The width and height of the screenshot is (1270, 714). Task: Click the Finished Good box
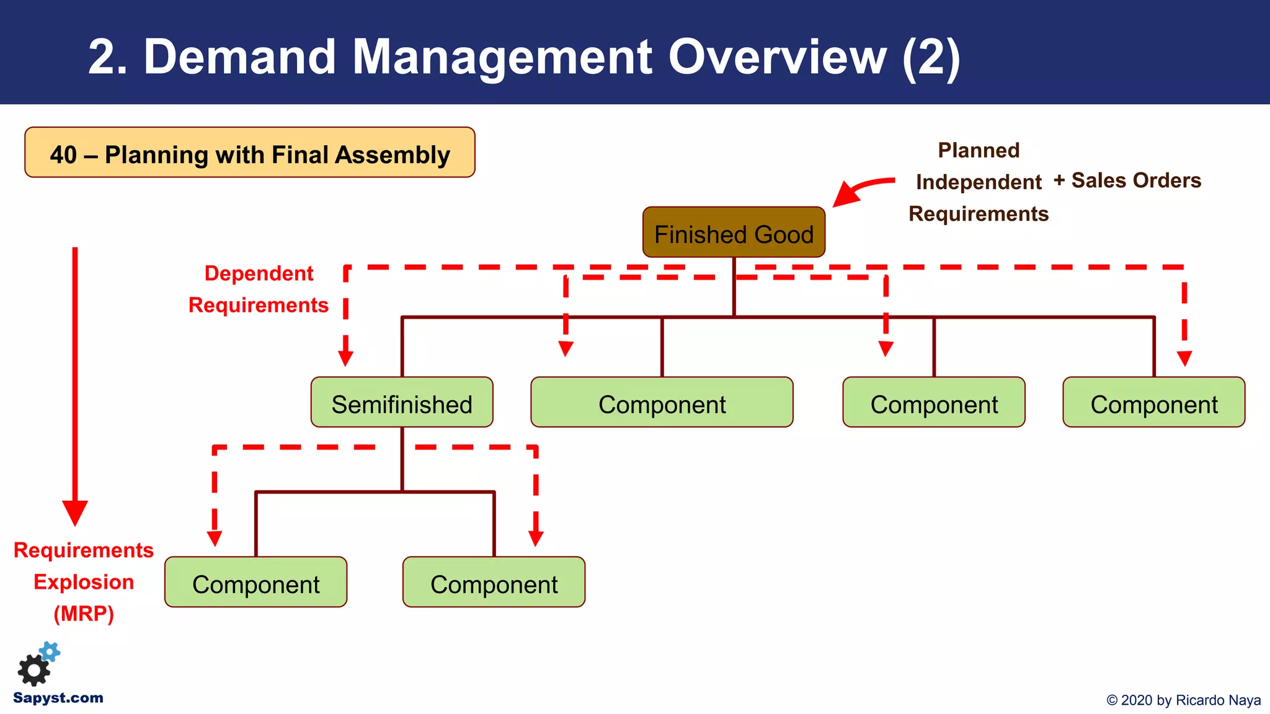(x=734, y=233)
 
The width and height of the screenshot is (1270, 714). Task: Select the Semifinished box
(x=402, y=403)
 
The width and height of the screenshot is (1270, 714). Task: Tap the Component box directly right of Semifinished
(x=662, y=403)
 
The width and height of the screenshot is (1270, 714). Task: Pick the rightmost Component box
(x=1153, y=403)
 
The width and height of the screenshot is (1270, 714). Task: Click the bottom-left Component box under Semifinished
(x=255, y=583)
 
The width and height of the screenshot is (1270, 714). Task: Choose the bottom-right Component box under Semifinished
(x=494, y=583)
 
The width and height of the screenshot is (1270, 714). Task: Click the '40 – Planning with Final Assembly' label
(x=250, y=153)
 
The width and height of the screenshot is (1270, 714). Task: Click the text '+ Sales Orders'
(x=1127, y=180)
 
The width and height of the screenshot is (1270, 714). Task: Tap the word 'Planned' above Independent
(x=978, y=150)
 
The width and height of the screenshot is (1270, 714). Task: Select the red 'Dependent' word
(x=259, y=273)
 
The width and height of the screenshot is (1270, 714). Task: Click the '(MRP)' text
(x=84, y=614)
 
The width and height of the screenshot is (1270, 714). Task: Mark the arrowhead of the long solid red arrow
(x=75, y=513)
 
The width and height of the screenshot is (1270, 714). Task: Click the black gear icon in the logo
(x=33, y=671)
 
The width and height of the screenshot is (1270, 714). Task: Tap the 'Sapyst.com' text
(x=58, y=698)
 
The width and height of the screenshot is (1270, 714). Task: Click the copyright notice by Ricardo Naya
(x=1183, y=700)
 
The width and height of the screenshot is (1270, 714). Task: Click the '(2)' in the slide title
(x=931, y=57)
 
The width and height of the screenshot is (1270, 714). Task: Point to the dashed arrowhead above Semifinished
(x=345, y=358)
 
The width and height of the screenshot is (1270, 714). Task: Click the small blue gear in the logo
(x=50, y=651)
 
